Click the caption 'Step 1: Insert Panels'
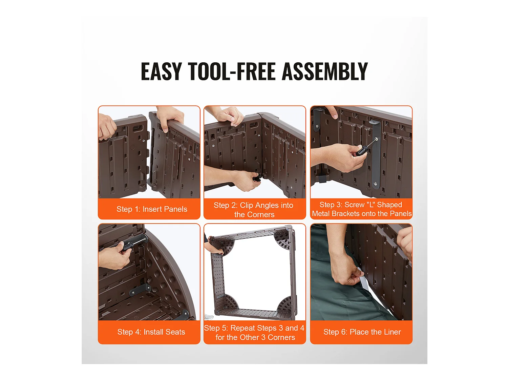[152, 209]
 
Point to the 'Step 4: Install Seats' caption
[151, 332]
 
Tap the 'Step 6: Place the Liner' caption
[362, 332]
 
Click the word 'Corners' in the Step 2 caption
[261, 215]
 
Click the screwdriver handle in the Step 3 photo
[361, 151]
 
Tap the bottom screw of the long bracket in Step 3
[375, 184]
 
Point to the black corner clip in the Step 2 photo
[257, 177]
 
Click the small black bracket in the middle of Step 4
[140, 290]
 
